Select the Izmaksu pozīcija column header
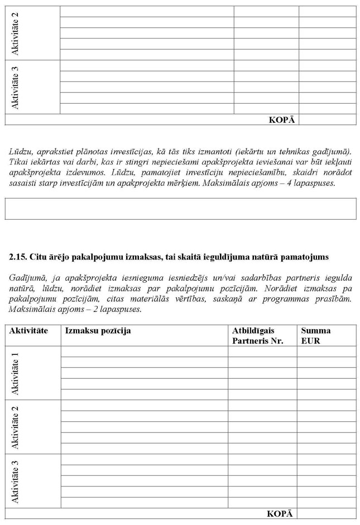pyautogui.click(x=98, y=331)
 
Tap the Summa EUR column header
pyautogui.click(x=315, y=335)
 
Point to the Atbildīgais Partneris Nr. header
pyautogui.click(x=257, y=335)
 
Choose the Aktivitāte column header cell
pyautogui.click(x=28, y=331)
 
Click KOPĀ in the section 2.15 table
pyautogui.click(x=280, y=514)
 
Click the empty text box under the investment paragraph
pyautogui.click(x=180, y=208)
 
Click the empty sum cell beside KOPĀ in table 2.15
pyautogui.click(x=326, y=514)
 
